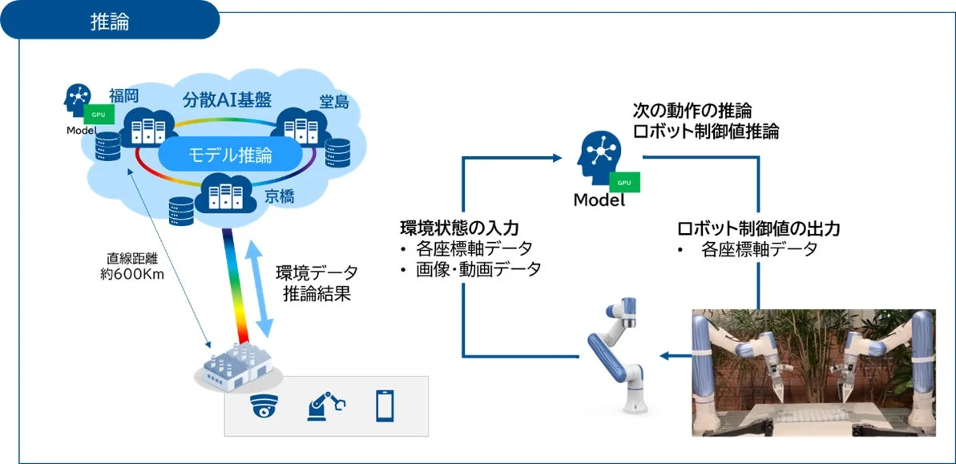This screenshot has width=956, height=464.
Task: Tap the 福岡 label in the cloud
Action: click(x=124, y=95)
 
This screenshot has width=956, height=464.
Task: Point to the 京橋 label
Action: click(x=280, y=196)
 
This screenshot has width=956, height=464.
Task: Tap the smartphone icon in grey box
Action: click(x=385, y=405)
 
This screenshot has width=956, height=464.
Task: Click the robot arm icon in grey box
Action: click(x=325, y=405)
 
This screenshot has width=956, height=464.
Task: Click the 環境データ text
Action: click(x=317, y=272)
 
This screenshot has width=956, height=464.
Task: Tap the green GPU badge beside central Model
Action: click(x=624, y=183)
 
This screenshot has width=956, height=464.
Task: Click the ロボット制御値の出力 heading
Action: click(x=758, y=228)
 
